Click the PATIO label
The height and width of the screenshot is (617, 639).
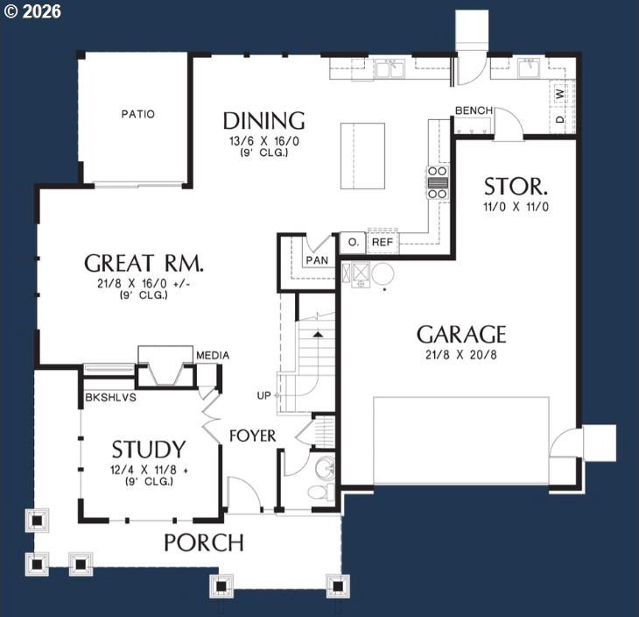tap(138, 114)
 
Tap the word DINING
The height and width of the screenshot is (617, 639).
tap(264, 121)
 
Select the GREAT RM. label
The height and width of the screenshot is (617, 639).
tap(144, 263)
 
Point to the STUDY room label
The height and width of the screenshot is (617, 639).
tap(149, 450)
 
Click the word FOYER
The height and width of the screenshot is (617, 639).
tap(253, 436)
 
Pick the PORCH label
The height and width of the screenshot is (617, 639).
tap(204, 543)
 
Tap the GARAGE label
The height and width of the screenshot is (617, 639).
tap(461, 335)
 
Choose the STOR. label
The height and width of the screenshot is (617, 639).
tap(516, 187)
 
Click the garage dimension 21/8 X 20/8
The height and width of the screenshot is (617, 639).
tap(461, 355)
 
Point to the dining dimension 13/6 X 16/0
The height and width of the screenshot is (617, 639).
tap(264, 141)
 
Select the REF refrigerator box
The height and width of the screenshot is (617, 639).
tap(383, 242)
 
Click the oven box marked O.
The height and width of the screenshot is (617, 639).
tap(353, 243)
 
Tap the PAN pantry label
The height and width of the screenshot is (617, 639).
tap(317, 260)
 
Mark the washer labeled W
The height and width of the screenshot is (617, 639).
tap(561, 95)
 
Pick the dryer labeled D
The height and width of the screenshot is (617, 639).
tap(561, 119)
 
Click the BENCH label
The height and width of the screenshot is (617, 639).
tap(474, 110)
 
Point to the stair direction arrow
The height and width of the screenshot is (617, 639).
tap(318, 335)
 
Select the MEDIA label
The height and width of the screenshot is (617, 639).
tap(213, 356)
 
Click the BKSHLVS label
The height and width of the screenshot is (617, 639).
tap(110, 398)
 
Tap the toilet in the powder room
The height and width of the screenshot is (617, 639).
tap(321, 492)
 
